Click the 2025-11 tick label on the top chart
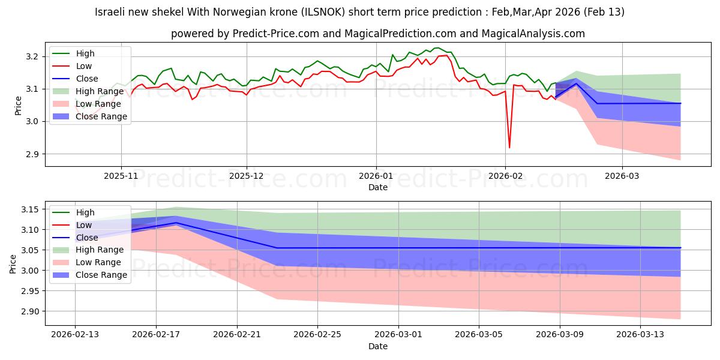point(121,176)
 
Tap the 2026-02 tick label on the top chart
point(505,176)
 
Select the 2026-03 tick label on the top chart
point(622,176)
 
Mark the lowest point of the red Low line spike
point(509,148)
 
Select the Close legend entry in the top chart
point(87,79)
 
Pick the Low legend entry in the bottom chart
point(84,225)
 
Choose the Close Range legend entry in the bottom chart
point(98,275)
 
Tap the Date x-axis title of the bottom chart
point(378,346)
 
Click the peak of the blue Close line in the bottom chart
point(176,223)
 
